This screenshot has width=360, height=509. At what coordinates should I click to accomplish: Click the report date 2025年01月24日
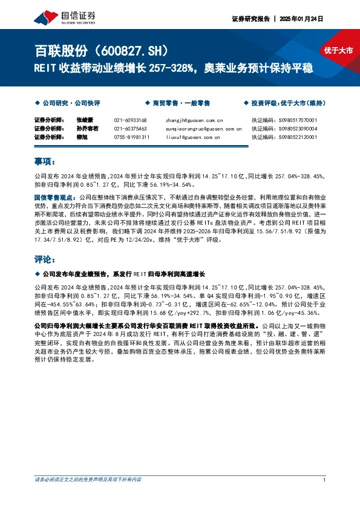coord(301,19)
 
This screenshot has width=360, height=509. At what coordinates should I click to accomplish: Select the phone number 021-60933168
coord(130,120)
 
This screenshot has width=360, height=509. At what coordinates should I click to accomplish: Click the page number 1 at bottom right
coord(325,481)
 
